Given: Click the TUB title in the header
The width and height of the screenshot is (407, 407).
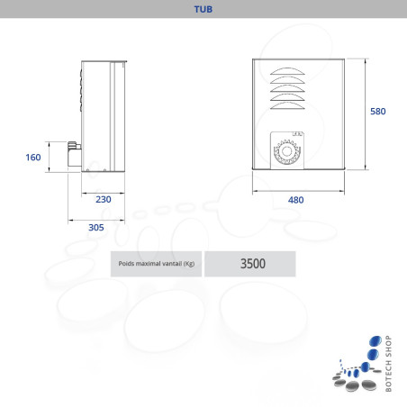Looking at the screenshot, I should [x=203, y=10].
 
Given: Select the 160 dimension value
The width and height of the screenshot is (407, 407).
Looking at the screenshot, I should [x=33, y=158].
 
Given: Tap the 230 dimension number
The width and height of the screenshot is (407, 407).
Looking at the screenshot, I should [x=104, y=199].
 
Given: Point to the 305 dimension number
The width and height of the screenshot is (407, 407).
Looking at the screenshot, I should [x=96, y=227].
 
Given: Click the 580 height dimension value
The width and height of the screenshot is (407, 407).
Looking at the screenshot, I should [x=378, y=112].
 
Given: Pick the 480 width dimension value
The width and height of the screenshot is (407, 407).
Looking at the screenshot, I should [x=295, y=200].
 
